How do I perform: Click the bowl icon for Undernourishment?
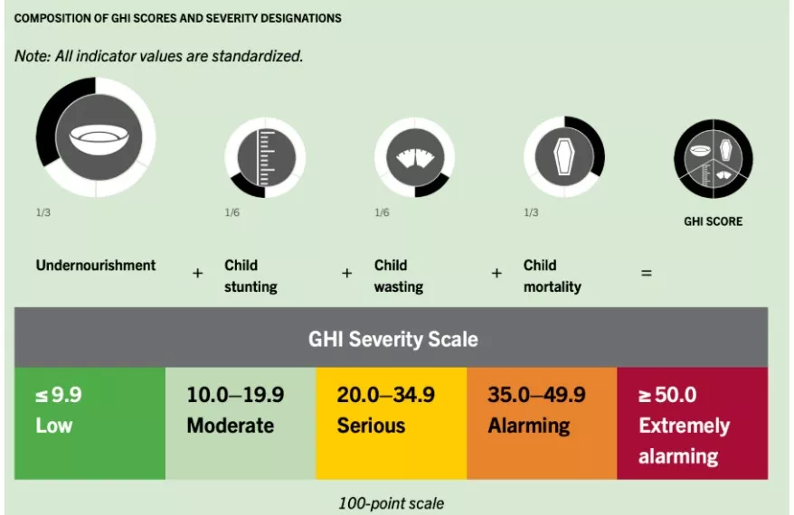[94, 137]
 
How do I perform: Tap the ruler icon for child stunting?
[263, 158]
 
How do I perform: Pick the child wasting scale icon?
[412, 159]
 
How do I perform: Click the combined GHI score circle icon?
[713, 159]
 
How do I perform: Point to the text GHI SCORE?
[713, 221]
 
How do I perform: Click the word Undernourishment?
[96, 266]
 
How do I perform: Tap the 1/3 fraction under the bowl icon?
[43, 213]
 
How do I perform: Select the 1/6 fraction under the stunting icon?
[232, 213]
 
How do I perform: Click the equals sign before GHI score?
[646, 272]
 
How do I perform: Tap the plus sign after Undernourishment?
[197, 272]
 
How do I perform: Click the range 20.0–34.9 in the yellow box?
[385, 395]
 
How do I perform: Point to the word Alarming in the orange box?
[529, 425]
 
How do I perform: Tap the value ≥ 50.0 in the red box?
[667, 395]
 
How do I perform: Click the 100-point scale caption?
[392, 501]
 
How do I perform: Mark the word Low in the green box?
[53, 425]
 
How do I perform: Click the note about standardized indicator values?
[158, 56]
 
